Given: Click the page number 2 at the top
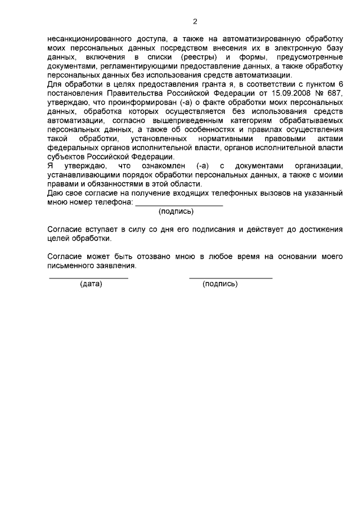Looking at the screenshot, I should tap(195, 22).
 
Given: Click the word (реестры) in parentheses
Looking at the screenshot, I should tap(196, 58).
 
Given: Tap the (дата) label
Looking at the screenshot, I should tap(91, 284).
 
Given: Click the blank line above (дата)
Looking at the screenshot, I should tap(88, 278).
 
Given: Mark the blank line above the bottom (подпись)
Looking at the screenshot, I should tap(231, 278).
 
